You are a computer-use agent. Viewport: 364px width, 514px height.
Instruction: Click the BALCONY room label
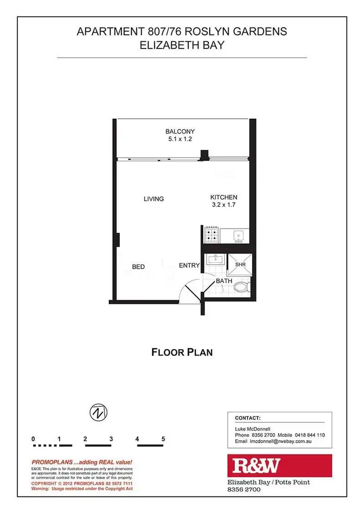click(x=180, y=131)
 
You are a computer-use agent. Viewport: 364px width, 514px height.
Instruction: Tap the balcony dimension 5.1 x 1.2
click(x=180, y=140)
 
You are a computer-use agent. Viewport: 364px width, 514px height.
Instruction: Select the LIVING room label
click(x=153, y=199)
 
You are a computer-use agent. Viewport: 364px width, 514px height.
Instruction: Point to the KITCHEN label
click(x=224, y=197)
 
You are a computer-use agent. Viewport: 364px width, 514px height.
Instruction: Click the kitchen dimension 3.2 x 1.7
click(x=224, y=205)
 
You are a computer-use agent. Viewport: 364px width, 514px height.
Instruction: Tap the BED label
click(x=138, y=267)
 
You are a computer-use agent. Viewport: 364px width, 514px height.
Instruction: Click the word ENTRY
click(x=189, y=265)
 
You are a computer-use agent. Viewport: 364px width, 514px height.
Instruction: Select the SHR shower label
click(x=240, y=264)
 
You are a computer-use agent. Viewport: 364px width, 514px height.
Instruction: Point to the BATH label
click(x=224, y=281)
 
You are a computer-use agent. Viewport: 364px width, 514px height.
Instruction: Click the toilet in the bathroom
click(x=241, y=288)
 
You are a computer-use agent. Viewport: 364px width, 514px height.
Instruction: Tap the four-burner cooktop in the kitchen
click(x=212, y=236)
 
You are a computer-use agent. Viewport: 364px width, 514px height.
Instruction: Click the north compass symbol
click(x=99, y=413)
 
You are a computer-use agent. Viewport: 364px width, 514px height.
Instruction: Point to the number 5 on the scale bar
click(x=164, y=439)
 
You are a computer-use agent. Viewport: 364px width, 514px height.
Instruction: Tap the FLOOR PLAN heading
click(x=182, y=352)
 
